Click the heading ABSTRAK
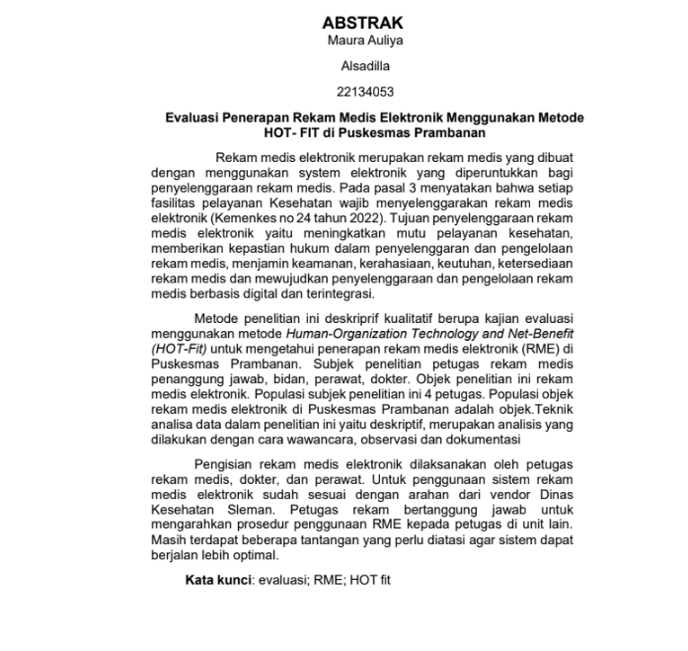point(363,22)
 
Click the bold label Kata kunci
point(216,580)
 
